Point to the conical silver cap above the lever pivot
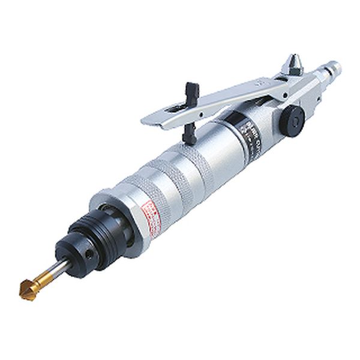click(295, 62)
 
